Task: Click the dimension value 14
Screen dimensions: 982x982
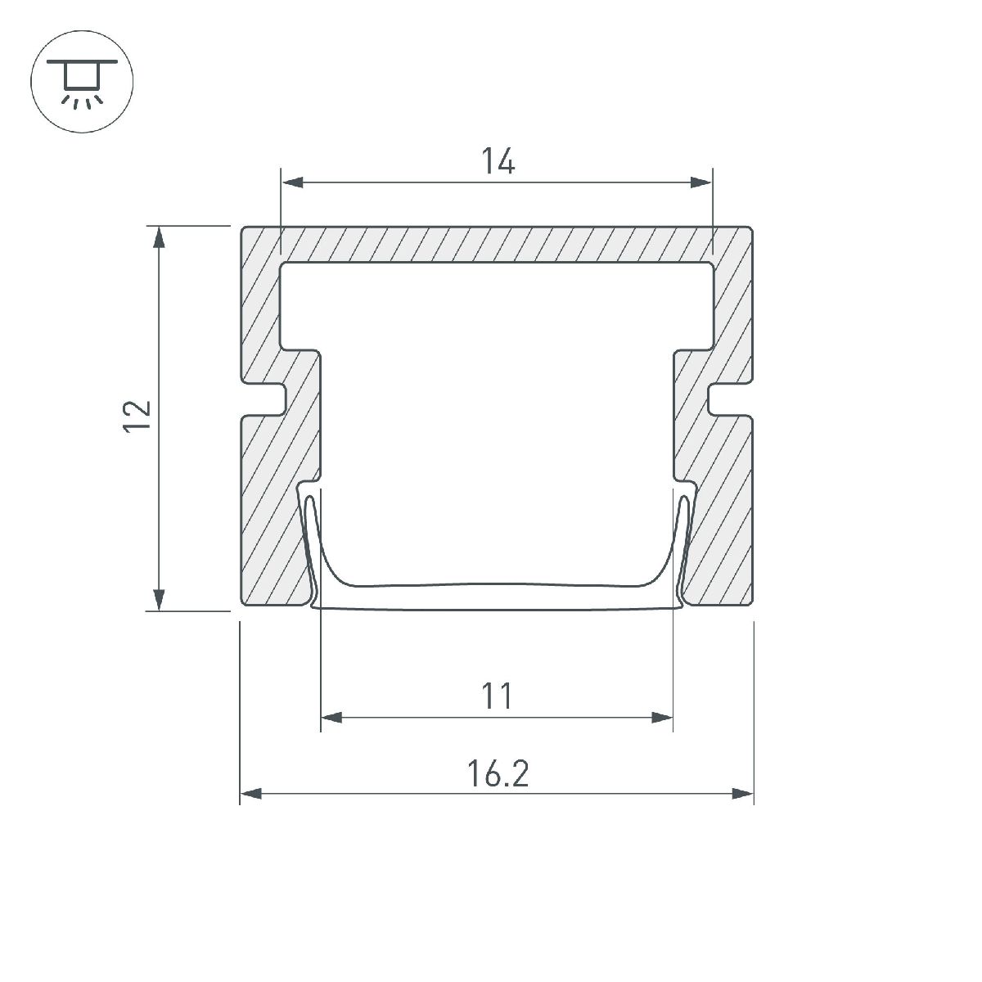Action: click(x=498, y=160)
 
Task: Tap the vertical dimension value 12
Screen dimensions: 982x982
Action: click(x=137, y=417)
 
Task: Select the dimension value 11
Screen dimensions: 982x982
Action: click(x=497, y=696)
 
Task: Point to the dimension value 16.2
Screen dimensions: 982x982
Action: click(x=498, y=773)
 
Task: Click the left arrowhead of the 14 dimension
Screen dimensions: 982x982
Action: click(x=293, y=182)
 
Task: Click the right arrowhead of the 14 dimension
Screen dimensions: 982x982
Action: click(x=700, y=182)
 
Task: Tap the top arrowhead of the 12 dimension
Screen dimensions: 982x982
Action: click(x=160, y=237)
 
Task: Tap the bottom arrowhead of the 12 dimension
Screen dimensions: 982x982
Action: click(x=160, y=599)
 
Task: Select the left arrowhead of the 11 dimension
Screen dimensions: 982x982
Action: click(x=332, y=718)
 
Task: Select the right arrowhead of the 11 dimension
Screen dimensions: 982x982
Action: click(x=662, y=718)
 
